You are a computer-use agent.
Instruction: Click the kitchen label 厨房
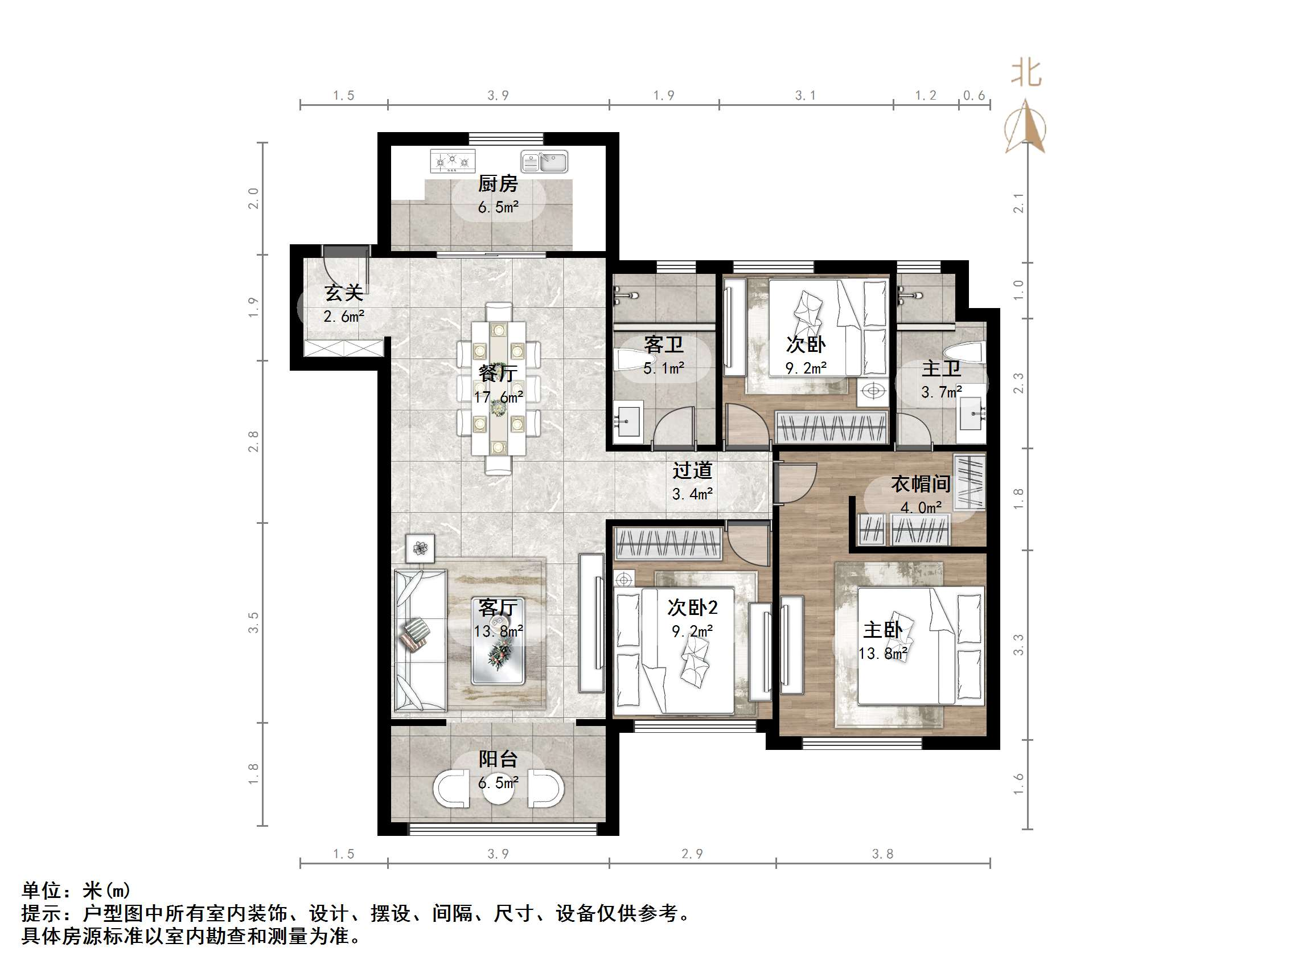click(498, 184)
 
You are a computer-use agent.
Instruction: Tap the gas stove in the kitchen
click(452, 161)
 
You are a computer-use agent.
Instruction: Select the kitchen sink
click(544, 162)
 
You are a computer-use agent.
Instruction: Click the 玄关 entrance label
click(343, 293)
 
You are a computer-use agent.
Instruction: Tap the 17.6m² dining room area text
click(498, 397)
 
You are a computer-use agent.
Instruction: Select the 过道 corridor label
click(692, 470)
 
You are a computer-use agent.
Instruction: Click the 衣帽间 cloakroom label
click(921, 483)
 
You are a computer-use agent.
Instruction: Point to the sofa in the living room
click(420, 641)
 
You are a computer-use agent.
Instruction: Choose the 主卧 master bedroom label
click(882, 630)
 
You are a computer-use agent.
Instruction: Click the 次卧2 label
click(692, 608)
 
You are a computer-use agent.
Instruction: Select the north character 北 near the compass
click(1026, 73)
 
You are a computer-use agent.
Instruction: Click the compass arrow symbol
click(1025, 127)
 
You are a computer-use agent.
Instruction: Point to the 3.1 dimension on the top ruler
click(806, 96)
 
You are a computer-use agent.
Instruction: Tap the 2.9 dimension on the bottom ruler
click(692, 854)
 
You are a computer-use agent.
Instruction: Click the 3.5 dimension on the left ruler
click(253, 622)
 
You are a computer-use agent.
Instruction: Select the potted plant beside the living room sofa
click(420, 548)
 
